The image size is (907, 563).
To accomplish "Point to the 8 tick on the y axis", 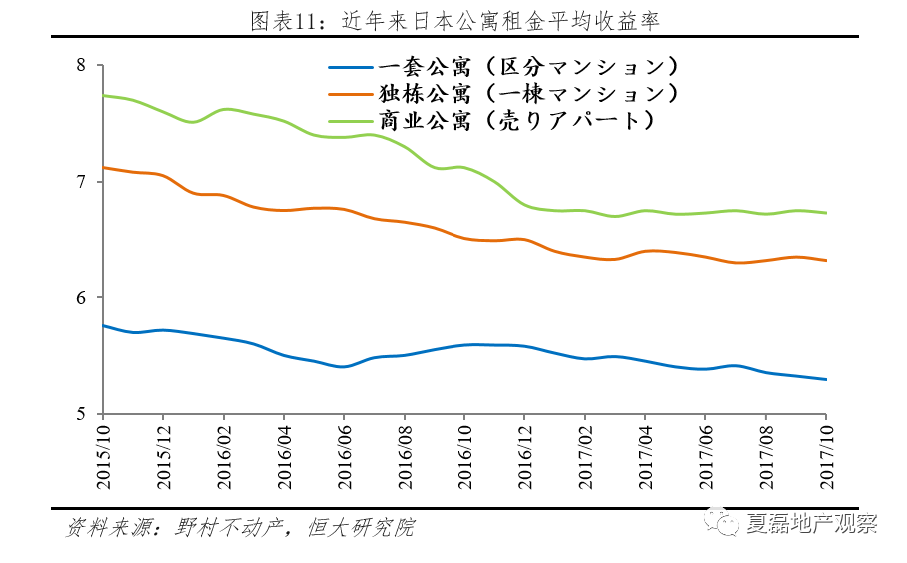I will pos(83,66).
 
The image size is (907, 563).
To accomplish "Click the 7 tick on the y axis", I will pos(83,182).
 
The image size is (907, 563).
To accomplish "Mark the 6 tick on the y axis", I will pos(83,297).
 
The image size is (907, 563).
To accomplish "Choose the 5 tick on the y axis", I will pos(83,413).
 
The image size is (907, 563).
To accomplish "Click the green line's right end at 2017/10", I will pos(826,212).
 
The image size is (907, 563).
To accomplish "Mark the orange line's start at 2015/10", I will pos(104,167).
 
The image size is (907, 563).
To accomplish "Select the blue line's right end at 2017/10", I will pos(826,379).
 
